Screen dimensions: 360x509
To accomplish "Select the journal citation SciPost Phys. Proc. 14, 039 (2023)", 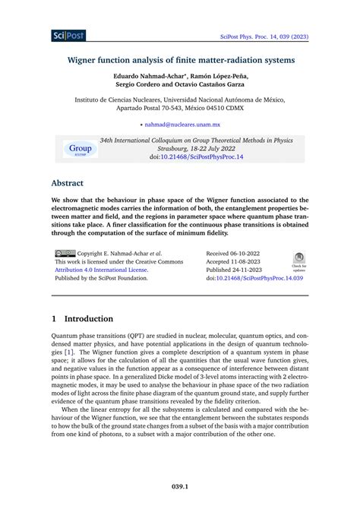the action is click(x=284, y=36).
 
